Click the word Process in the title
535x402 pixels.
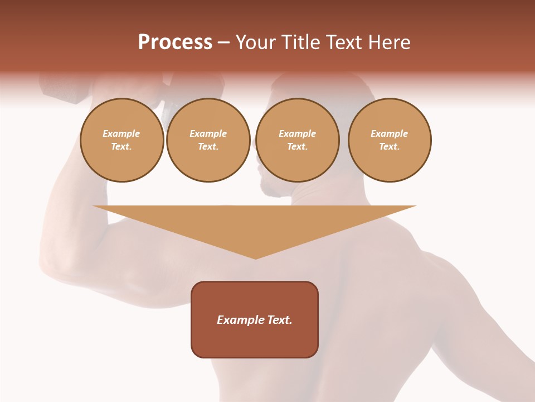[175, 42]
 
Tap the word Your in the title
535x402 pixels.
[256, 42]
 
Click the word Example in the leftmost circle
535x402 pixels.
[121, 133]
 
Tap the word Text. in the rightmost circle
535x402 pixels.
[390, 147]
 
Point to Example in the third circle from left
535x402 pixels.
[298, 133]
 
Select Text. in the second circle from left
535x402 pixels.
[208, 147]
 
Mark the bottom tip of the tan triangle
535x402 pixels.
[255, 257]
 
